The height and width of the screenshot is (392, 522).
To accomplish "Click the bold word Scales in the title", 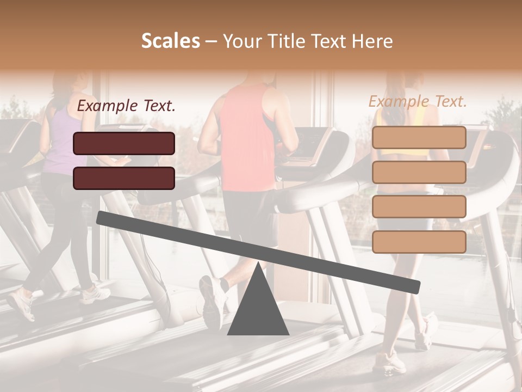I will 170,41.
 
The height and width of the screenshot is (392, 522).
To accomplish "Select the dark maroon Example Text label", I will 126,106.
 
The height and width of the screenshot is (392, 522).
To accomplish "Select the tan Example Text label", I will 418,101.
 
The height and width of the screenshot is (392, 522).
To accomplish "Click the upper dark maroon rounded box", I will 124,143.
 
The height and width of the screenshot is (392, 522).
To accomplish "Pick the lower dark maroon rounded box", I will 124,178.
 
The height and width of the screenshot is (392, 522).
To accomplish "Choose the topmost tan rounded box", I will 419,137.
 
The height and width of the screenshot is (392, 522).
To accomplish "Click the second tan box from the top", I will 419,172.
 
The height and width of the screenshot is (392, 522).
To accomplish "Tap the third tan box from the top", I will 419,207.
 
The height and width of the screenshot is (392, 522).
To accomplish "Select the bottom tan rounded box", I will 419,242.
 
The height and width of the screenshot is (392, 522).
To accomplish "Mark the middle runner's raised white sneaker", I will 212,299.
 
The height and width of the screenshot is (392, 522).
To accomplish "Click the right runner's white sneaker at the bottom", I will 388,363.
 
